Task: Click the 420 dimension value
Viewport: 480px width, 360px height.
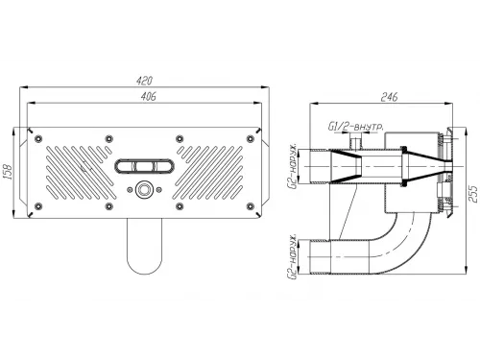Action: tap(144, 81)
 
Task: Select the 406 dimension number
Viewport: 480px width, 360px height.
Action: tap(149, 96)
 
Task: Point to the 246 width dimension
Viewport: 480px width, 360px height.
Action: tap(389, 97)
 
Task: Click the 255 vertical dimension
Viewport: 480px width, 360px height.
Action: tap(475, 194)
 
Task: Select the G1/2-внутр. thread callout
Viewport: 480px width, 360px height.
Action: tap(356, 127)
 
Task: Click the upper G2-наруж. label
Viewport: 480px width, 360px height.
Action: tap(294, 166)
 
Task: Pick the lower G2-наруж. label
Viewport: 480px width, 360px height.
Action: tap(294, 256)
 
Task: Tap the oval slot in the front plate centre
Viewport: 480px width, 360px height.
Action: tap(145, 167)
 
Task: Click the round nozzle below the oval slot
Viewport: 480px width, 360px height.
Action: tap(144, 190)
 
